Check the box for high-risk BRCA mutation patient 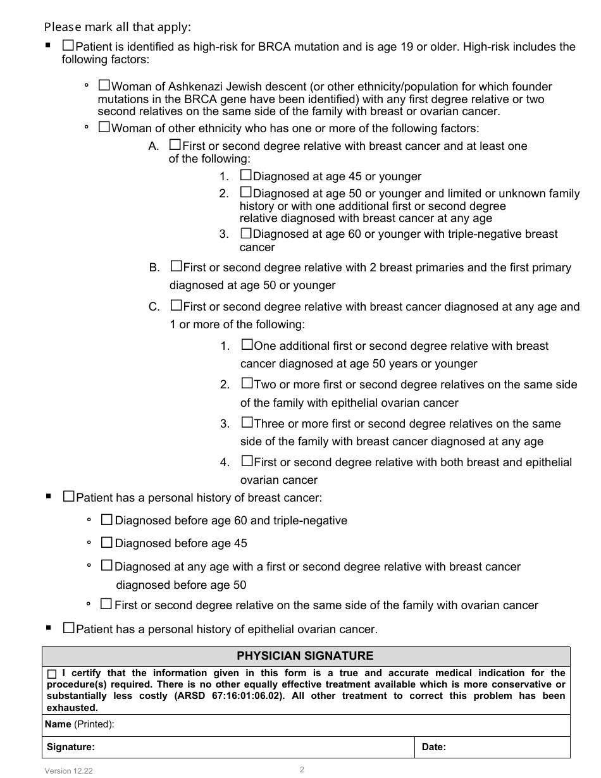(68, 46)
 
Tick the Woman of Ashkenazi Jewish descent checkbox (104, 85)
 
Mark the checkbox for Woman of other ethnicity (104, 127)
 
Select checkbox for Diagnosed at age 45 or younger (245, 176)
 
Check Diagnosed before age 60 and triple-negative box (107, 520)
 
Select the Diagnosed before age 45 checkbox (107, 543)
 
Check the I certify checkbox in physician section (52, 674)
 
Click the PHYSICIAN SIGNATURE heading (305, 656)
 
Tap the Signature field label (70, 747)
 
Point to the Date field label (433, 747)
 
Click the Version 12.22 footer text (68, 770)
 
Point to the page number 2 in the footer (302, 769)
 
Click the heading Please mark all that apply (117, 27)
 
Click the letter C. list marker (154, 307)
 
